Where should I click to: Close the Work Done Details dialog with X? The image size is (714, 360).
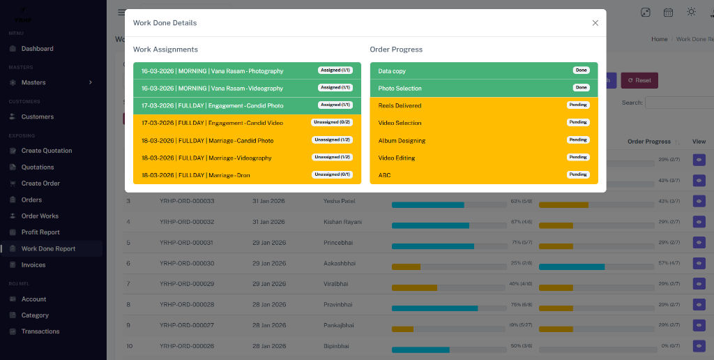coord(595,23)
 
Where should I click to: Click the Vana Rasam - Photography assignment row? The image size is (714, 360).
coord(212,71)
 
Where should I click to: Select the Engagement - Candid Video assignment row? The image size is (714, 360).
coord(212,123)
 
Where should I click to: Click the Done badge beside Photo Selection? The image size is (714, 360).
coord(581,88)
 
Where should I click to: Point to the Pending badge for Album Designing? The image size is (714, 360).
coord(578,140)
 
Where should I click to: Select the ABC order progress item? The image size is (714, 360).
coord(385,175)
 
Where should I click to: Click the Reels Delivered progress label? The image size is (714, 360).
coord(400,106)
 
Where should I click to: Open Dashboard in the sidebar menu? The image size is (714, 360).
coord(37,49)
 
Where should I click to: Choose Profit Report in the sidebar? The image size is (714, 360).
coord(40,232)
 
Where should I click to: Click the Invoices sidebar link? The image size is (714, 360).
coord(33,265)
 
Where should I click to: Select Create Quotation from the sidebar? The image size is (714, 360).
coord(47,151)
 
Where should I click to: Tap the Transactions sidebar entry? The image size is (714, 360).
coord(40,331)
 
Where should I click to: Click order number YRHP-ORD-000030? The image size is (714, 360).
coord(187,264)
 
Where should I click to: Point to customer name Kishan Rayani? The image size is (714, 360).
coord(342,222)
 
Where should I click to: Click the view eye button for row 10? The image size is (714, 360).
coord(699,346)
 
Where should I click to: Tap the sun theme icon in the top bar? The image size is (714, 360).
coord(691,12)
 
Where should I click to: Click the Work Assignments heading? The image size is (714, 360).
coord(165,50)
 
